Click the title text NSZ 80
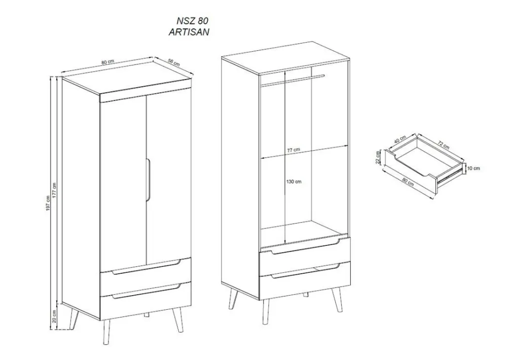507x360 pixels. click(x=192, y=21)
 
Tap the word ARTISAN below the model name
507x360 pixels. click(x=189, y=32)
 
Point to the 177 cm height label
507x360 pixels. click(x=54, y=190)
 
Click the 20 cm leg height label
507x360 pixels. click(x=54, y=316)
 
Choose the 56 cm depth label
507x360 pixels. click(x=174, y=62)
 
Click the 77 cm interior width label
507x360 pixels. click(x=294, y=150)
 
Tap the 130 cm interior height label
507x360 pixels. click(x=294, y=182)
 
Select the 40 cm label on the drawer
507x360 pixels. click(x=401, y=139)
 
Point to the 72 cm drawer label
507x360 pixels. click(x=444, y=145)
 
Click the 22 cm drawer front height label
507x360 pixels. click(x=378, y=157)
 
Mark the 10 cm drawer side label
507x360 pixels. click(x=474, y=168)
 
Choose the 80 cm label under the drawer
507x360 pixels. click(x=409, y=182)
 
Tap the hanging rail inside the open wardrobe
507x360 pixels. click(x=293, y=80)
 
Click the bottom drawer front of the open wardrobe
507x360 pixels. click(x=305, y=281)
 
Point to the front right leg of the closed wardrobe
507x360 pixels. click(x=177, y=319)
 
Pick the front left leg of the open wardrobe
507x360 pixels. click(x=266, y=312)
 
